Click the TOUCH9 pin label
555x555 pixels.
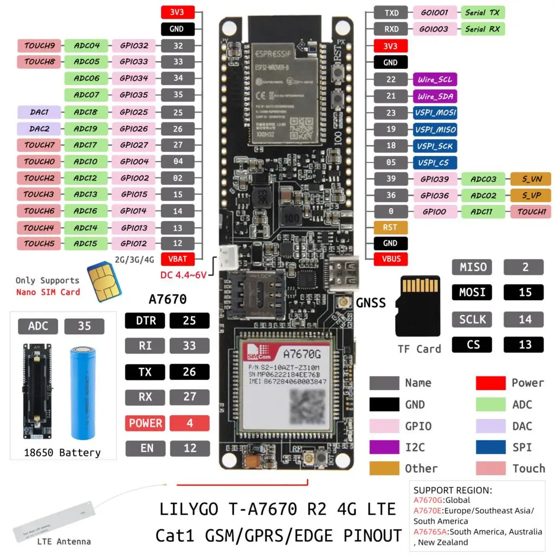point(40,46)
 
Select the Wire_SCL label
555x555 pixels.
point(435,80)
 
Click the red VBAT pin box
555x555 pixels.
point(178,259)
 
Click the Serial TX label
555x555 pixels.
point(482,12)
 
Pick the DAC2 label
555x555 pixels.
point(39,129)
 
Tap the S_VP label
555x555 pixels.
point(531,195)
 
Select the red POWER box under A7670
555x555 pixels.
point(145,423)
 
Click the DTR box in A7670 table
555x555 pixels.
point(145,320)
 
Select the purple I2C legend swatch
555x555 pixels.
point(384,447)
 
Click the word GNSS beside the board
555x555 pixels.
point(371,302)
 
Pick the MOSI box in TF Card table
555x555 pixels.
point(473,292)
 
